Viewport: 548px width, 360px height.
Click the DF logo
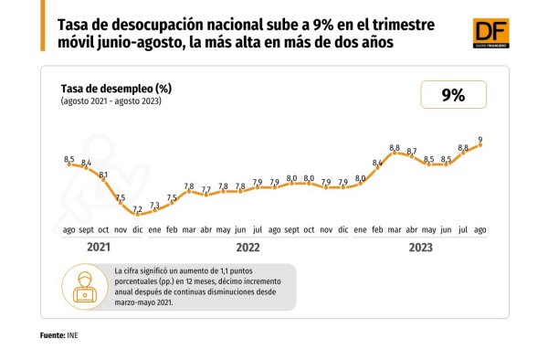(490, 33)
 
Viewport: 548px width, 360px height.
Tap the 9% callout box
(453, 95)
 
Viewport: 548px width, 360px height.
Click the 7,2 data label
(138, 209)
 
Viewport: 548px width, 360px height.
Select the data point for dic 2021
(138, 214)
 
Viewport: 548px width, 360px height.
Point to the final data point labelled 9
(480, 144)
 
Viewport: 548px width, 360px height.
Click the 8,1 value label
(103, 175)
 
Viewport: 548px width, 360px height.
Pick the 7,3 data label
(155, 206)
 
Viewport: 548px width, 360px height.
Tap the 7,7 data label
(206, 190)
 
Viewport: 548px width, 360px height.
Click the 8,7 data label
(412, 152)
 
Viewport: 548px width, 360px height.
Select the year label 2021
(99, 247)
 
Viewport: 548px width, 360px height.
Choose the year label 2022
(248, 248)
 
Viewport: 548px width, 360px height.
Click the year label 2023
(421, 248)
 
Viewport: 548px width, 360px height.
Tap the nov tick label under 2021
(121, 230)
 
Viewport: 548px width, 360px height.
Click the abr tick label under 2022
(206, 230)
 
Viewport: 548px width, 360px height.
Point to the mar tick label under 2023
(395, 230)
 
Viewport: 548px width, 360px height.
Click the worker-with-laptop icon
(85, 287)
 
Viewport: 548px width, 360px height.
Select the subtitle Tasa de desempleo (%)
(116, 89)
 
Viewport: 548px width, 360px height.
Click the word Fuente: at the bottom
(52, 335)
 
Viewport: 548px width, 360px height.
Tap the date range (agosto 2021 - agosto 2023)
(111, 101)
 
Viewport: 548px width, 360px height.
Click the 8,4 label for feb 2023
(377, 163)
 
